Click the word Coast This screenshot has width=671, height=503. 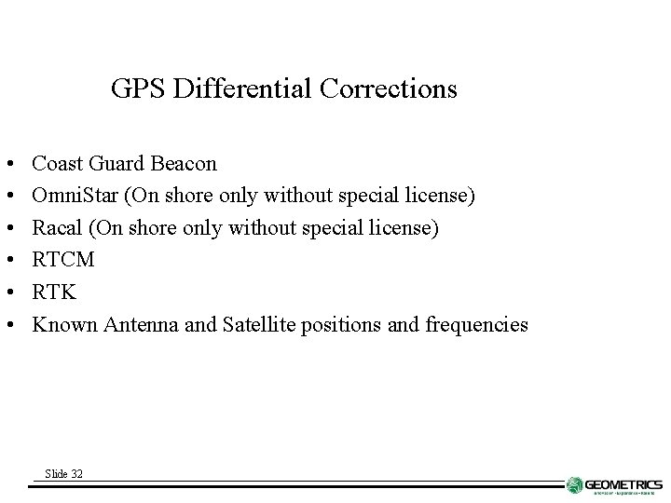pyautogui.click(x=56, y=164)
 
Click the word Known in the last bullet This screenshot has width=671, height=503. pyautogui.click(x=64, y=325)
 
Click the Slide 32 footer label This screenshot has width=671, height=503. pyautogui.click(x=63, y=474)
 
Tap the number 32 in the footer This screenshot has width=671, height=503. pyautogui.click(x=76, y=474)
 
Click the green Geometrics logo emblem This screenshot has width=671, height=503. pyautogui.click(x=575, y=485)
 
